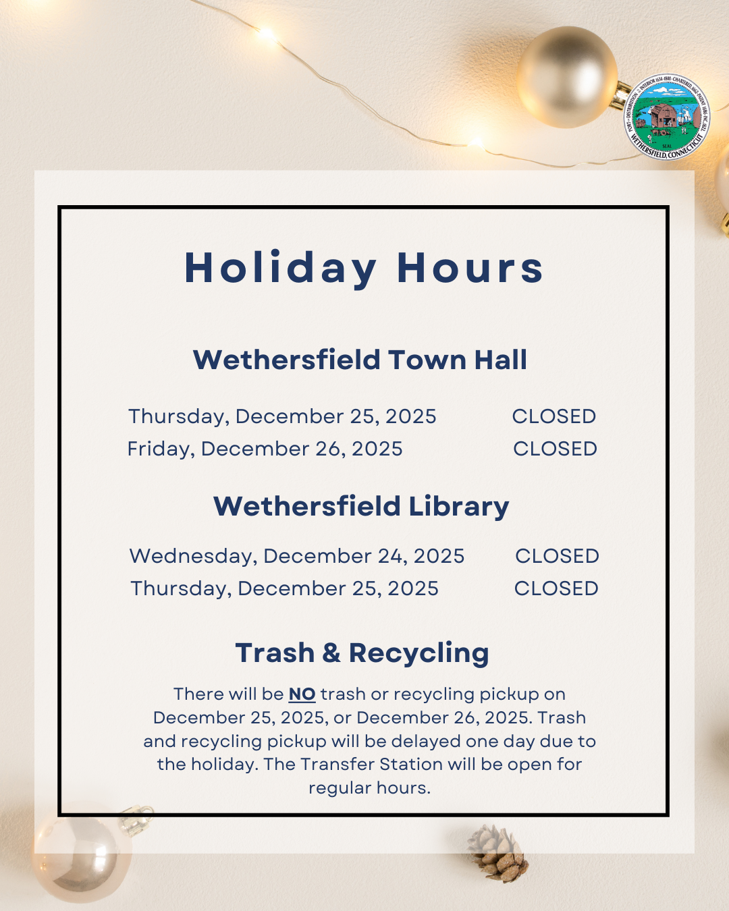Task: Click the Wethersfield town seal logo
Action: click(667, 117)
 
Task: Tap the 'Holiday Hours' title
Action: click(364, 268)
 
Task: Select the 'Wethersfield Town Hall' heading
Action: click(360, 360)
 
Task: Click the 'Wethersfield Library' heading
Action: click(361, 506)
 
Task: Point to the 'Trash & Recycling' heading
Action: click(362, 653)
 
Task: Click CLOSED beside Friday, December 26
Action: click(555, 449)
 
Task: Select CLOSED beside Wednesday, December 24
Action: click(557, 556)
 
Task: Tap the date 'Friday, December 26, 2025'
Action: click(265, 449)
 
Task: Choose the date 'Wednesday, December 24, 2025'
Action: click(297, 556)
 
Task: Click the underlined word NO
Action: click(302, 694)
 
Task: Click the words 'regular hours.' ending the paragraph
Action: click(369, 788)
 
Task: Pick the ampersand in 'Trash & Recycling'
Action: click(331, 653)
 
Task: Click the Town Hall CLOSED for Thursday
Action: click(553, 416)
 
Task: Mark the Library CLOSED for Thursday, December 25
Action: click(556, 588)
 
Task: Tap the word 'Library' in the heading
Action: click(459, 506)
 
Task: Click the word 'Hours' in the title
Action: click(470, 268)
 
